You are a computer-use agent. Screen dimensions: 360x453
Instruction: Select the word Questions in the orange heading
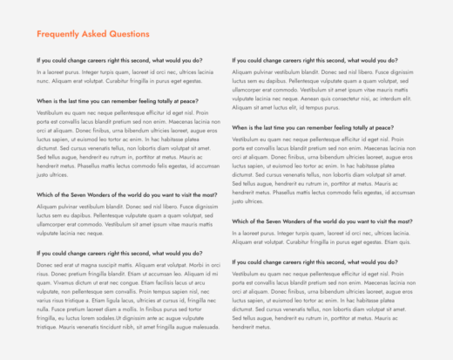(131, 34)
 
